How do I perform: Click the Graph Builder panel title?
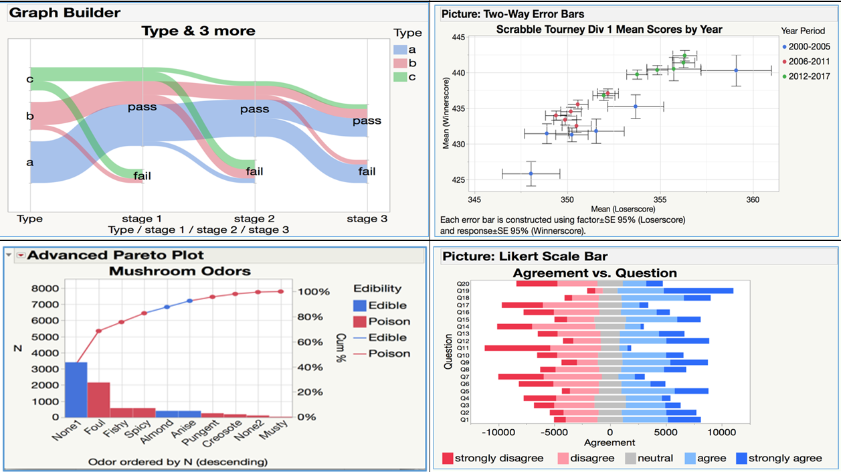coord(65,13)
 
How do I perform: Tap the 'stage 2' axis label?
coord(255,218)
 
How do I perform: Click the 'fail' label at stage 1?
coord(142,176)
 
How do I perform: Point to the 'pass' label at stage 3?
coord(367,121)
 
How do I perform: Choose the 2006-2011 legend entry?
coord(807,61)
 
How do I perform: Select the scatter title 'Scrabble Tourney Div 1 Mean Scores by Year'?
coord(609,29)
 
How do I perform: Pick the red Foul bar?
coord(98,399)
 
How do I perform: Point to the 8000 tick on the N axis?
coord(44,289)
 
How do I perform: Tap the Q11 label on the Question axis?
coord(463,348)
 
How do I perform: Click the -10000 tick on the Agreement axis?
coord(496,432)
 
